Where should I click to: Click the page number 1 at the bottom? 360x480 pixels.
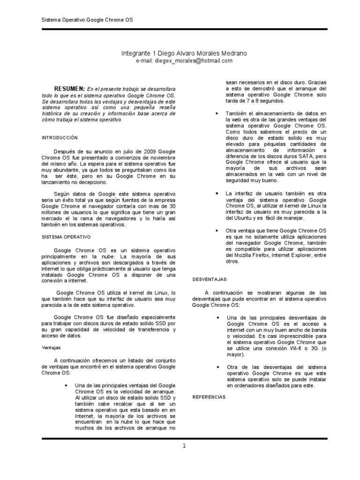(x=185, y=446)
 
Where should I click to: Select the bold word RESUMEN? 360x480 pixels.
(x=69, y=89)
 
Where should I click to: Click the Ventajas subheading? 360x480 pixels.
(x=51, y=348)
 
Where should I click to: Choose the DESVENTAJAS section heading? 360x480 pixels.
(x=210, y=279)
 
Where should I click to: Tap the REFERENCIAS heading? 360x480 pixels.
(x=209, y=397)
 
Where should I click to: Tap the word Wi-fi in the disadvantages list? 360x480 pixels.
(x=294, y=349)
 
